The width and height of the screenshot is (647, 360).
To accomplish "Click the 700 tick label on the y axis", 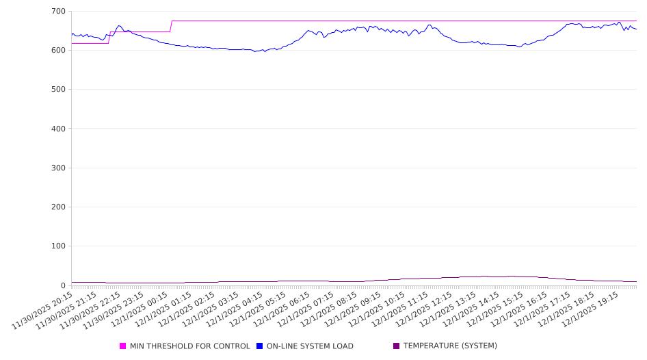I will point(58,12).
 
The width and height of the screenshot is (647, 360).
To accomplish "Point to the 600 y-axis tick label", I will point(58,51).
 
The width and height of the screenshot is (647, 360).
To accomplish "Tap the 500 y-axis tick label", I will point(58,90).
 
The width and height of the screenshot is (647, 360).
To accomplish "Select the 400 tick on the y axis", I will point(58,129).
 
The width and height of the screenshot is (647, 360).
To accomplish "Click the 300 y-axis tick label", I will point(58,168).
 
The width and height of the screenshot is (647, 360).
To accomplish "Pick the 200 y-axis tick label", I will point(58,207).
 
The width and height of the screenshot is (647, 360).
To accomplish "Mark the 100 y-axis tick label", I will point(58,246).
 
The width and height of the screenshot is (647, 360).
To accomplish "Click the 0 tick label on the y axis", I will point(63,285).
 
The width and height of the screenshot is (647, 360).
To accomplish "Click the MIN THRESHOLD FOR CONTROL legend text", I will point(189,346).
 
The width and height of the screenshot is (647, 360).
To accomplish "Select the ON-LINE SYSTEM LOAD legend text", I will point(310,346).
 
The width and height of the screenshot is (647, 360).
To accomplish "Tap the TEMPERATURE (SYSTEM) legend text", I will point(450,346).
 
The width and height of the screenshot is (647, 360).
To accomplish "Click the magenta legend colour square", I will point(123,346).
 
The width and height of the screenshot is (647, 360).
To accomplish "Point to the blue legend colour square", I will point(260,346).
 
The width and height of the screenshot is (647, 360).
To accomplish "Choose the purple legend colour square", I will point(397,346).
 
